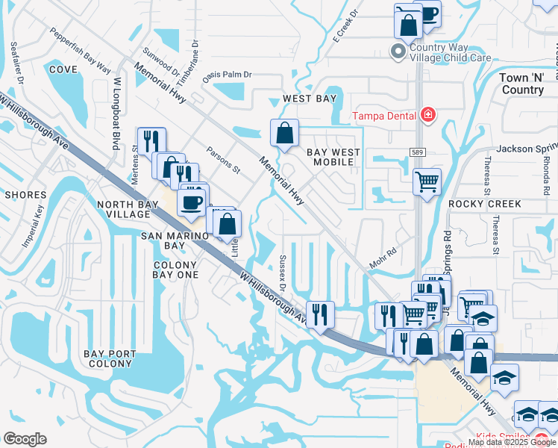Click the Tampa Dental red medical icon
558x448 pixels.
[x=428, y=115]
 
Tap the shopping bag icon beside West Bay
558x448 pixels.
[x=285, y=134]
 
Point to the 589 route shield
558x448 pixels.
[x=418, y=152]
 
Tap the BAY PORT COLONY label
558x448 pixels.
[x=110, y=358]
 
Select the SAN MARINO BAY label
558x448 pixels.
[x=163, y=240]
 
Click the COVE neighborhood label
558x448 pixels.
[x=63, y=69]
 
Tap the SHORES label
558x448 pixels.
[x=25, y=195]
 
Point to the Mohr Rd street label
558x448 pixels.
[x=382, y=258]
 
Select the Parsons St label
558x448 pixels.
[x=223, y=159]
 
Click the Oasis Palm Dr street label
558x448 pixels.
[x=228, y=75]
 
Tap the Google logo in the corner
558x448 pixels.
[x=25, y=439]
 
